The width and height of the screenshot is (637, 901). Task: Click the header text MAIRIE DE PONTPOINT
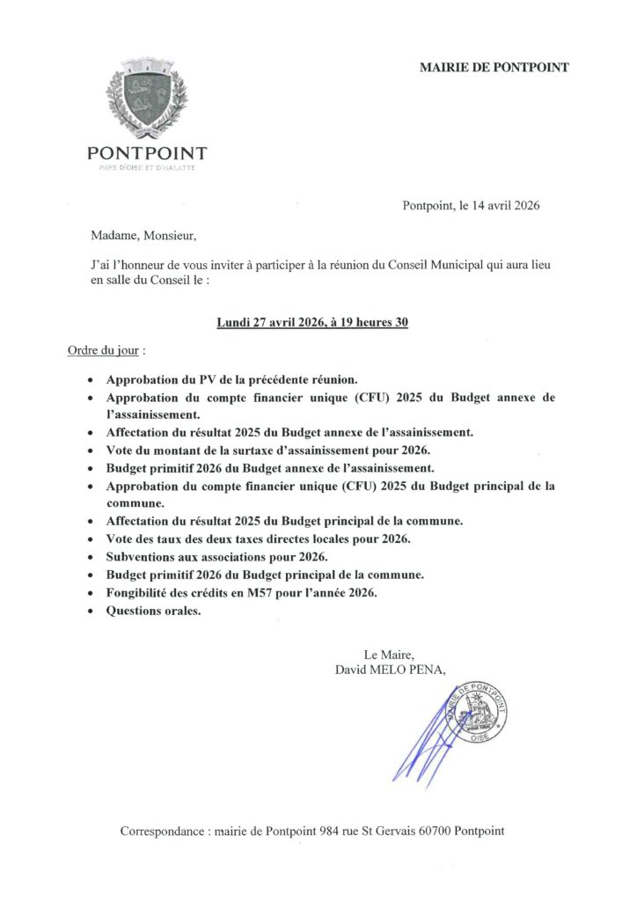[494, 67]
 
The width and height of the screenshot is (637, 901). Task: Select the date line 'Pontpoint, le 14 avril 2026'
[471, 207]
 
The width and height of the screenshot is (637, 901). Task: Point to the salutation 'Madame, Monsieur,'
[139, 236]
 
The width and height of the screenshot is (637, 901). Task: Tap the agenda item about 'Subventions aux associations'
[216, 557]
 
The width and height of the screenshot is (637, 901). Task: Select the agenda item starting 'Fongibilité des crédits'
[241, 593]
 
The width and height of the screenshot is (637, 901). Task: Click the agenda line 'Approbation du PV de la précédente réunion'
[232, 379]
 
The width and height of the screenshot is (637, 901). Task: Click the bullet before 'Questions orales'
[94, 612]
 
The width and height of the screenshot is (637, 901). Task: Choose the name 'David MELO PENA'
[390, 670]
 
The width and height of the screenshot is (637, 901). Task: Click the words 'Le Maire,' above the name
[388, 654]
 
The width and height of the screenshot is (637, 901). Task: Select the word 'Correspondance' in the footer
[163, 831]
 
